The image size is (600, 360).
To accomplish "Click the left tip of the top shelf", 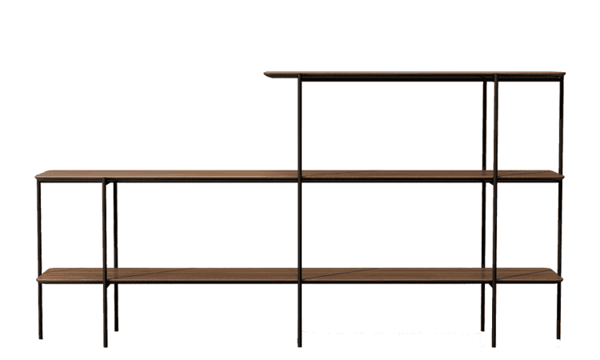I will click(266, 75).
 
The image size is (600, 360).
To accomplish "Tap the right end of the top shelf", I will click(564, 75).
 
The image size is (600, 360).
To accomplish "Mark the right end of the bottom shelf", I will click(562, 277).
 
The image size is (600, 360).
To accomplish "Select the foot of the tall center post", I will click(300, 346).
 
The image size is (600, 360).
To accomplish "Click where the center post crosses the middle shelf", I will click(300, 174).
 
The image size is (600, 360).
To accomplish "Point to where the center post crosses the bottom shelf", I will click(300, 276).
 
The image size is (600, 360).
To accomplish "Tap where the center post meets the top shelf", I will click(300, 77).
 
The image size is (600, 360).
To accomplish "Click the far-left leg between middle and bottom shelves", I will click(39, 228).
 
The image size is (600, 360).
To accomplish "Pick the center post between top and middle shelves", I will click(300, 124).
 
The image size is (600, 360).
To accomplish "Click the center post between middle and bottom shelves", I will click(300, 228).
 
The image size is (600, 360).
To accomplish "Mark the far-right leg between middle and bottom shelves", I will click(560, 228).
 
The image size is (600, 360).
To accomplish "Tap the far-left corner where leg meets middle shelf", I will click(39, 177).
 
